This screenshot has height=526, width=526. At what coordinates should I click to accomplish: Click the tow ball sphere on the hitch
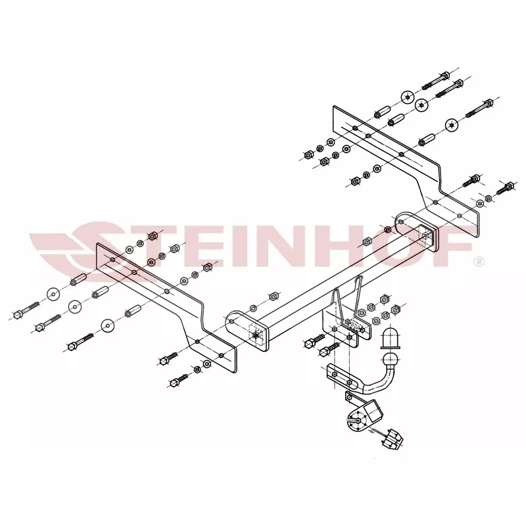point(391,360)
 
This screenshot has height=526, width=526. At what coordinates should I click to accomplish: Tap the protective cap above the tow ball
point(391,338)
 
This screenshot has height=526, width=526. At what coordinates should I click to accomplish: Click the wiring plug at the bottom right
point(393,439)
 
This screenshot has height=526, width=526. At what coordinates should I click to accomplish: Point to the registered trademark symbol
point(479,261)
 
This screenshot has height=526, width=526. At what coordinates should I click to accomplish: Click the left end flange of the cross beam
point(247,330)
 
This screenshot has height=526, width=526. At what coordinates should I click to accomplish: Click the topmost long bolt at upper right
point(435,81)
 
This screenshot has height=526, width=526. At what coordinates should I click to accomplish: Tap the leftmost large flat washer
point(53,295)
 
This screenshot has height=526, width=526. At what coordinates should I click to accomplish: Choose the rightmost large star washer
point(452,126)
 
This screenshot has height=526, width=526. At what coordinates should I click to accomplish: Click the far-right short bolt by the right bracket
point(505,188)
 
